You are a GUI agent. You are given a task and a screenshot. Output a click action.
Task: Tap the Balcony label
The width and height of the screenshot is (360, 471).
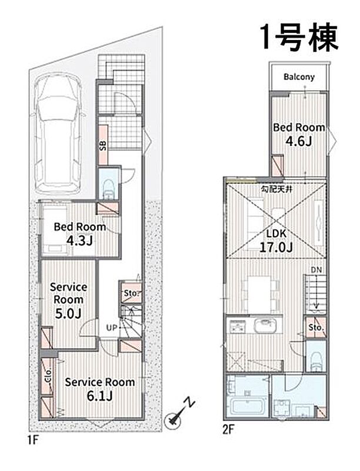point(299,77)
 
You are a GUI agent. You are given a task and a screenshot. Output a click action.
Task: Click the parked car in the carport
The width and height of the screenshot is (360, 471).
point(58,134)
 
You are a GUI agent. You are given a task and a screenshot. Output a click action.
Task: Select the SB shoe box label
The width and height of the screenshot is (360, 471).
point(102,146)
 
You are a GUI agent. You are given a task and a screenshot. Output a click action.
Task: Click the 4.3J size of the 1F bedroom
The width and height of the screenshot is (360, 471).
point(79,241)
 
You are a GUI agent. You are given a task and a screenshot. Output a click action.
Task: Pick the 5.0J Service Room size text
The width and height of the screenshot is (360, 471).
point(68,314)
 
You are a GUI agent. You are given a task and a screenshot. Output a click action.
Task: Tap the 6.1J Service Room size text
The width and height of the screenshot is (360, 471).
point(99,396)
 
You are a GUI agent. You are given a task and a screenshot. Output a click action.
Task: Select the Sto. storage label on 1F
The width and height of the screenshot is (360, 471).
point(132,293)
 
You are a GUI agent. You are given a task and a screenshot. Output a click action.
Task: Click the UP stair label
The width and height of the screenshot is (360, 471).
point(112,328)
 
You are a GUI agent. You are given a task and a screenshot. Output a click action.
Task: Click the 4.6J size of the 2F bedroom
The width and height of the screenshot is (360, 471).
point(298,141)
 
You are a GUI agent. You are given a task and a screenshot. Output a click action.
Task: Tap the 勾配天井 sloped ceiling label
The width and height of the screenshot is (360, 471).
point(276,190)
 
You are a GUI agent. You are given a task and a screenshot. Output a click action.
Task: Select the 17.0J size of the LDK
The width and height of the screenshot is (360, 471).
point(276,247)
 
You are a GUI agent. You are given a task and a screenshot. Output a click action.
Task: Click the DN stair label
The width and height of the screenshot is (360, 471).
point(316,270)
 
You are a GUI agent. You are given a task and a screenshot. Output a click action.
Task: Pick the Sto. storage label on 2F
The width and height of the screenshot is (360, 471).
point(316,327)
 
